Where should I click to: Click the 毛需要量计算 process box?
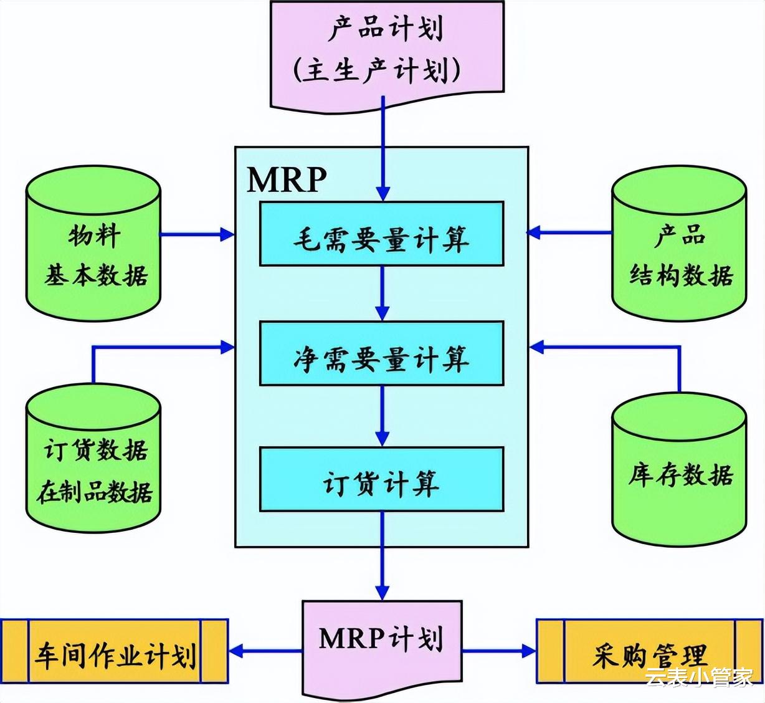[381, 234]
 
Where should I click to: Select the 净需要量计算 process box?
[381, 353]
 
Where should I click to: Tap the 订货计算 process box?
[381, 479]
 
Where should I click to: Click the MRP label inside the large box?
[287, 179]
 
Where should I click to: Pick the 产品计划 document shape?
[386, 50]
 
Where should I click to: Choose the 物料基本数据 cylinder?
[93, 243]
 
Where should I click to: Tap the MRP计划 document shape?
[381, 642]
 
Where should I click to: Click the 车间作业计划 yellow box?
[115, 652]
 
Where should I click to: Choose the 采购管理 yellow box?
[650, 652]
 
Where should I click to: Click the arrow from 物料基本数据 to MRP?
[197, 234]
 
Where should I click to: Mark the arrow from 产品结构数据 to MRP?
[569, 233]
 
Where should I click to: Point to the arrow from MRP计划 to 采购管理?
[498, 652]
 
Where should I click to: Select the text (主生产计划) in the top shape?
[377, 70]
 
